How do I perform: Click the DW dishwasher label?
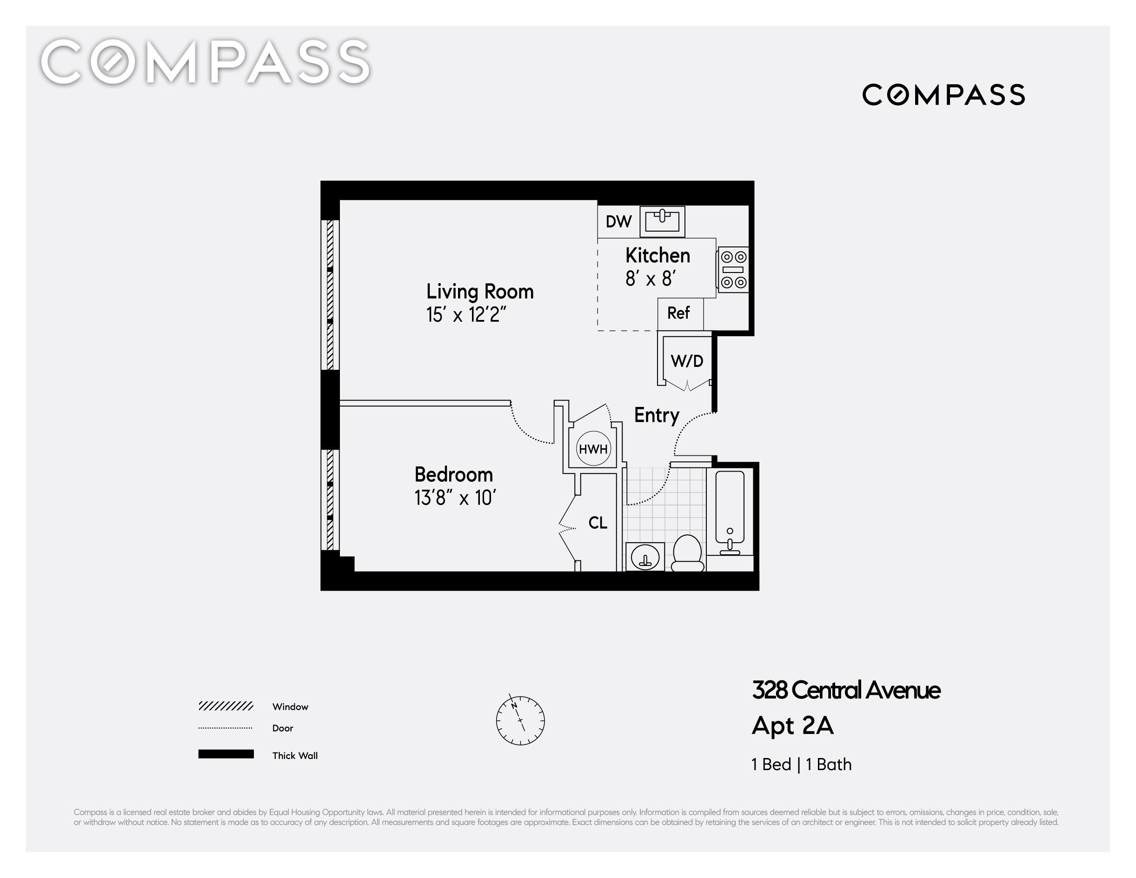pos(618,221)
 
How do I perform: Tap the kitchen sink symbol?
pos(662,221)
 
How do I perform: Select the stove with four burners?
pos(733,269)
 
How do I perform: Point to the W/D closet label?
pos(687,360)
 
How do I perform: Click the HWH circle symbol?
pos(593,449)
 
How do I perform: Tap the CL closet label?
pos(598,523)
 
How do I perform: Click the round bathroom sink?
pos(645,557)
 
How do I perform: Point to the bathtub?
pos(730,512)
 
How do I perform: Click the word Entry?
pos(657,416)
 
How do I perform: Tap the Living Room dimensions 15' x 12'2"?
pos(466,315)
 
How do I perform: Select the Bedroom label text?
pos(453,474)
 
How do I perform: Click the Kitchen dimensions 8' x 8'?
pos(650,279)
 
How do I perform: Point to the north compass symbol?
pos(520,720)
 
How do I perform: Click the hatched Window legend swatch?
pos(226,706)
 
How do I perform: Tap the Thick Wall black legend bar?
pos(226,754)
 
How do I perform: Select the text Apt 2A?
pos(793,725)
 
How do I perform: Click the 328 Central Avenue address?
pos(846,690)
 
